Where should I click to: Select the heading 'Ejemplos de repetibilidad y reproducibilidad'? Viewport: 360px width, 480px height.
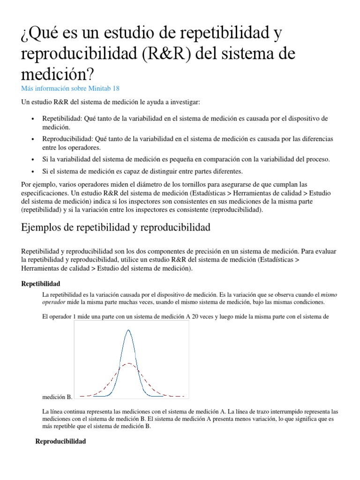click(116, 228)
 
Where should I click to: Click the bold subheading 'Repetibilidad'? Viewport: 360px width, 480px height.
click(41, 284)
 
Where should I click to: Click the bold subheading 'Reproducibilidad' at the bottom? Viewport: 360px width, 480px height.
click(60, 442)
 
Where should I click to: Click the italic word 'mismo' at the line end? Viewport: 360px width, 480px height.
click(328, 295)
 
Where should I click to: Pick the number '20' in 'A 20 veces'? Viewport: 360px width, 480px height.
click(195, 316)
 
